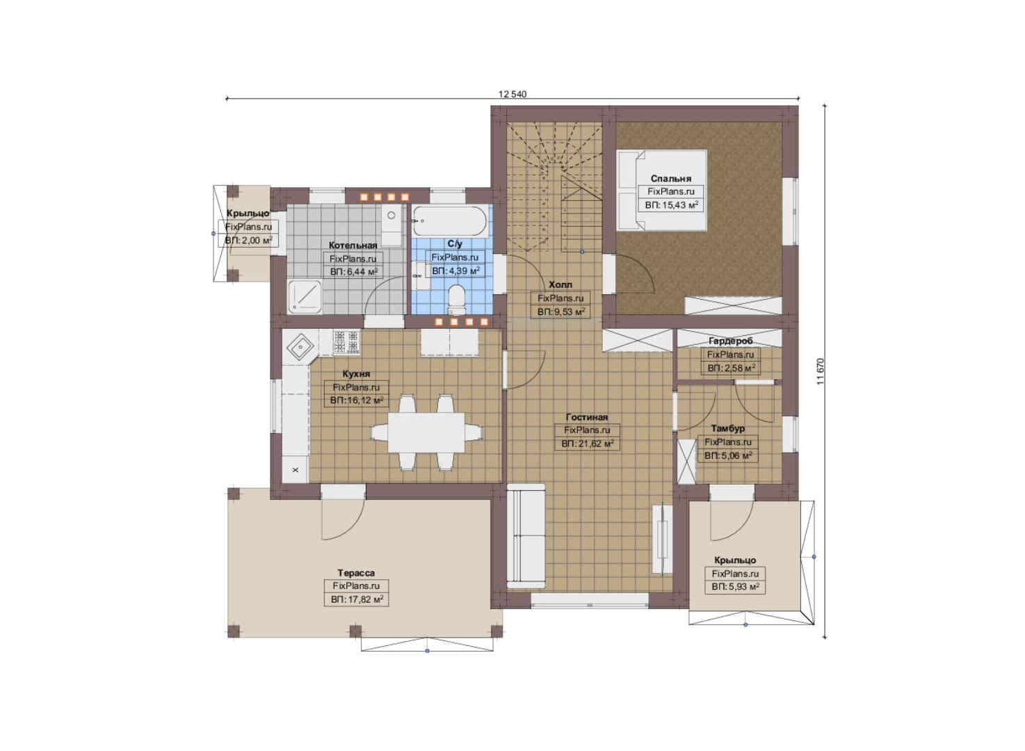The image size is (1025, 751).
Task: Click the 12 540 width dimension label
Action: [x=512, y=95]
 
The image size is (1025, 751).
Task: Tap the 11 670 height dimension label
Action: [x=821, y=371]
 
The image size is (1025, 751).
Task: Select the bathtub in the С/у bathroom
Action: [x=450, y=220]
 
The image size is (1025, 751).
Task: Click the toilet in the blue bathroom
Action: [x=456, y=299]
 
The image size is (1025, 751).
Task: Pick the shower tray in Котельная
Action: [x=305, y=296]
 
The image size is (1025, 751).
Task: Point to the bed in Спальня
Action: [x=661, y=190]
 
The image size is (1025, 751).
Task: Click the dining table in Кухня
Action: [x=426, y=433]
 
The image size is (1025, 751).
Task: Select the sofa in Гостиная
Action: [x=526, y=536]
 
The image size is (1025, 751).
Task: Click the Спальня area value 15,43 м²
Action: [x=672, y=206]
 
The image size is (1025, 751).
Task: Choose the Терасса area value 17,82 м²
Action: [x=357, y=599]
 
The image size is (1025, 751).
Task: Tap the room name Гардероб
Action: [x=730, y=341]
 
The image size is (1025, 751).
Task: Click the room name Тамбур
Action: [x=727, y=428]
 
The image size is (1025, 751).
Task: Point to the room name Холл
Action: [x=560, y=284]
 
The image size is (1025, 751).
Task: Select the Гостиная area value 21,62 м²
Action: [x=588, y=444]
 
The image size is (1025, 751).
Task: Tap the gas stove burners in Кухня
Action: [x=346, y=341]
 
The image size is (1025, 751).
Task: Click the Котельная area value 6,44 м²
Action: [x=354, y=272]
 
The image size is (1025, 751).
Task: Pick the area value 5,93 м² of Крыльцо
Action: [x=735, y=587]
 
